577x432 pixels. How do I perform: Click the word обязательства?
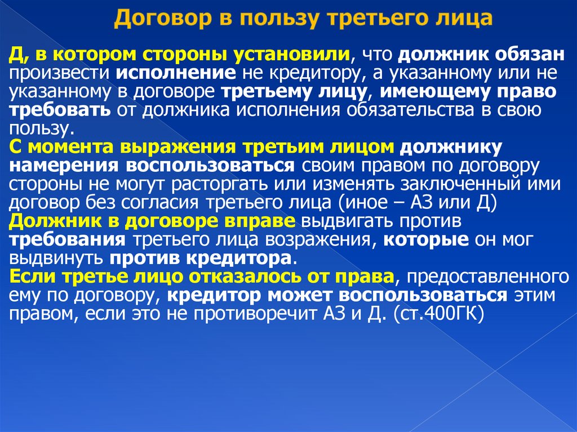tap(427, 110)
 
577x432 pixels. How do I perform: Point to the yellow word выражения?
tap(180, 148)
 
